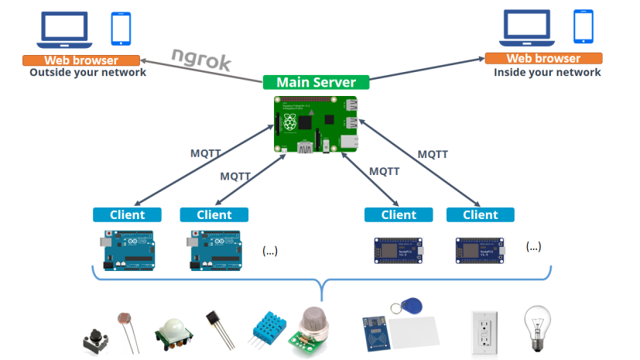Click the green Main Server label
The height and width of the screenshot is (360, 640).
tap(316, 82)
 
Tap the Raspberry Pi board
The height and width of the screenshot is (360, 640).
tap(316, 125)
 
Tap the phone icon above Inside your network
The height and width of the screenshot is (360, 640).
tap(584, 28)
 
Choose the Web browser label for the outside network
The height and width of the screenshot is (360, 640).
tap(81, 60)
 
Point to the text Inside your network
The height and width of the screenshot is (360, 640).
tap(547, 73)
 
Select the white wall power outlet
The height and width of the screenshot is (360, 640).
tap(484, 334)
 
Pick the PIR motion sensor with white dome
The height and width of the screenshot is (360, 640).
tap(175, 332)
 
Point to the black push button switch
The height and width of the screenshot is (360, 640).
tap(94, 340)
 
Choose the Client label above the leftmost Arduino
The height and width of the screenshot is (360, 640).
tap(127, 214)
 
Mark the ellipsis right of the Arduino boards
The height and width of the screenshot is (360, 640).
tap(269, 250)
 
